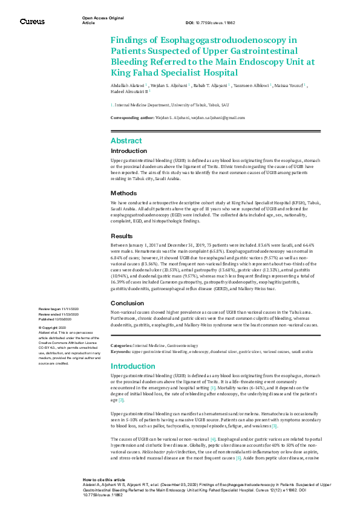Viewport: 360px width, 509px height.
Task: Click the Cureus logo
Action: (32, 21)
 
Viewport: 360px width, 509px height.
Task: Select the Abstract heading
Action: (126, 140)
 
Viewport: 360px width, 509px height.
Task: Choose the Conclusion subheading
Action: (127, 303)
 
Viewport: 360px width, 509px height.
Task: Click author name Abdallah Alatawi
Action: (128, 86)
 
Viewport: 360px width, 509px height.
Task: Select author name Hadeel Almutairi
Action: (128, 92)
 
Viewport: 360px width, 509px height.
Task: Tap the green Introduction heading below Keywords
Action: (133, 366)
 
